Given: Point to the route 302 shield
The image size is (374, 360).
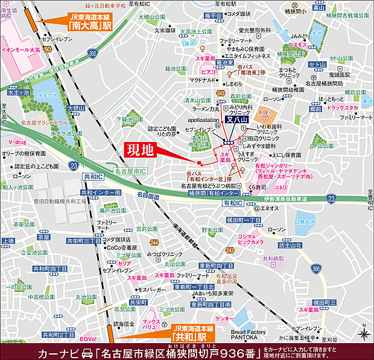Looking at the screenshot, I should click(x=92, y=54).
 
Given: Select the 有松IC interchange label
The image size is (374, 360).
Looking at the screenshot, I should click(x=232, y=204).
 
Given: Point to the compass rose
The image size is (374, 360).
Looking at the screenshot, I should click(x=363, y=333).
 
